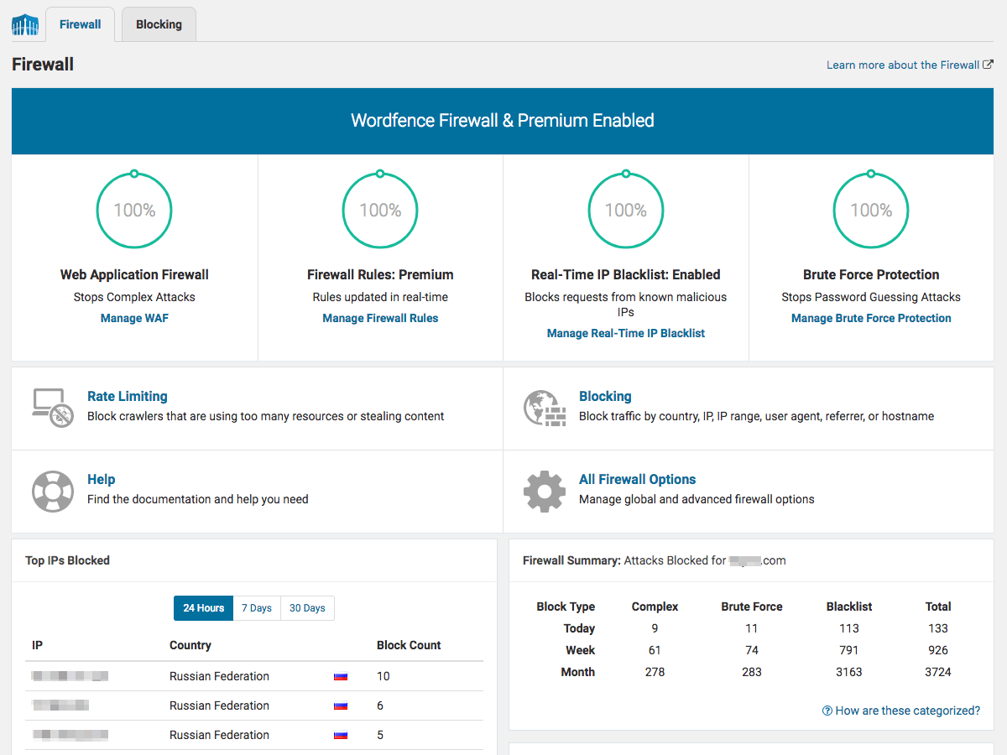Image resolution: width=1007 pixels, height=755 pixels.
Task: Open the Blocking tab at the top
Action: [x=159, y=24]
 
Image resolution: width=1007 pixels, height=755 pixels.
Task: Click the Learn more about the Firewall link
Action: [x=903, y=65]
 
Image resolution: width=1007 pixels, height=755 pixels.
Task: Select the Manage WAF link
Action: [x=134, y=318]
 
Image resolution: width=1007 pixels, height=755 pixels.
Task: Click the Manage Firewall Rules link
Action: [x=380, y=318]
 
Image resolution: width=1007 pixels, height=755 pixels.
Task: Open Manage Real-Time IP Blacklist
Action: [x=625, y=333]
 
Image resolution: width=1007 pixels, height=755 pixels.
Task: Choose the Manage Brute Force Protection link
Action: [x=871, y=318]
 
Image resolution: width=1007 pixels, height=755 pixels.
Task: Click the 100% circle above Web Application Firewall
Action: [x=134, y=210]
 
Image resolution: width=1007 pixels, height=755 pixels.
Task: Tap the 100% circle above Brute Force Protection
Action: [x=871, y=210]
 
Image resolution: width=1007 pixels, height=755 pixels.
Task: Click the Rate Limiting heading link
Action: [x=128, y=396]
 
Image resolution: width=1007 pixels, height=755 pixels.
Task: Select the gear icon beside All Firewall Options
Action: [x=544, y=491]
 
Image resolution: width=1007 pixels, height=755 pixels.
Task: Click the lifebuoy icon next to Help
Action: [x=52, y=491]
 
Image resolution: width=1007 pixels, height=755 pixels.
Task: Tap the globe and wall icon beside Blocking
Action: [x=544, y=408]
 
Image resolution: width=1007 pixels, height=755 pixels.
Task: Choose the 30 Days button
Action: [x=307, y=608]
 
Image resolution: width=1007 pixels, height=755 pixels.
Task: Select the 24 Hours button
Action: [x=204, y=608]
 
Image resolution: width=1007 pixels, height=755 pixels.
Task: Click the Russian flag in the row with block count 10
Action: [x=341, y=676]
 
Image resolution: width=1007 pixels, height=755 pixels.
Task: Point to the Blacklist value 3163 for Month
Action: [x=848, y=672]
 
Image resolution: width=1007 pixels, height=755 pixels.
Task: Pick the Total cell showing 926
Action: [x=937, y=650]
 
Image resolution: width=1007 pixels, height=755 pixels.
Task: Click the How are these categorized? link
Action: [x=901, y=711]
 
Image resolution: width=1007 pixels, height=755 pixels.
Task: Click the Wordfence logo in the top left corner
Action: [x=25, y=25]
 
